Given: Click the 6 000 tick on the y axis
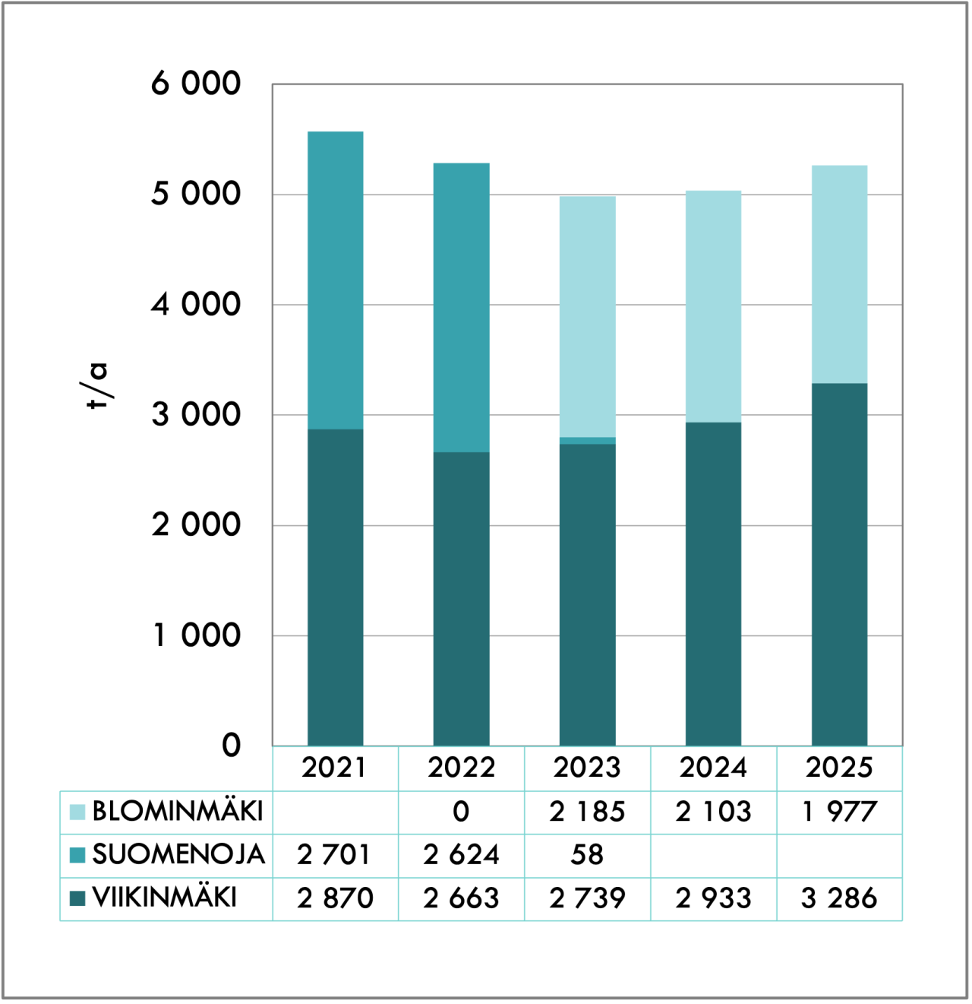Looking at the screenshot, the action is (196, 84).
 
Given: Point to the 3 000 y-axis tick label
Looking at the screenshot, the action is (196, 415).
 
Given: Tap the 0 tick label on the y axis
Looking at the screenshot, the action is (232, 746).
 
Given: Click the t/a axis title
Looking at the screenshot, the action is (96, 386).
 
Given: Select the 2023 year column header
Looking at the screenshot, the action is (587, 768).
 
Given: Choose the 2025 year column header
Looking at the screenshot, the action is (839, 768).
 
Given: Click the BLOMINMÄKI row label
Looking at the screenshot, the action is (177, 811).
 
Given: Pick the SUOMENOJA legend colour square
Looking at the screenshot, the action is (77, 855).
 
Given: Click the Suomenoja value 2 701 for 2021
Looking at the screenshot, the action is (334, 855).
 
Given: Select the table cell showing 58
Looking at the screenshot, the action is (587, 855).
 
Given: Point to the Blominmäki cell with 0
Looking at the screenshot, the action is (461, 812).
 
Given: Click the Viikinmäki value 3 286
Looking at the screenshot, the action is (839, 898).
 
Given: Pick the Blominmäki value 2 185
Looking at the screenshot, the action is (587, 812).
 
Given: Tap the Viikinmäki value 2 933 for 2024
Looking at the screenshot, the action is (713, 898).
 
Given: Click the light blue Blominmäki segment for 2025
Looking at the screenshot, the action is (839, 274).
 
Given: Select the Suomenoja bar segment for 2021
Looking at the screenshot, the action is (336, 280).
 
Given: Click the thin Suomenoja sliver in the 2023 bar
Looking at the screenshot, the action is (588, 441).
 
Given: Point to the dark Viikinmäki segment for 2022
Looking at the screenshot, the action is (461, 599).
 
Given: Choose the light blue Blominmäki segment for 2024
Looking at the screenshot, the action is (713, 307).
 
